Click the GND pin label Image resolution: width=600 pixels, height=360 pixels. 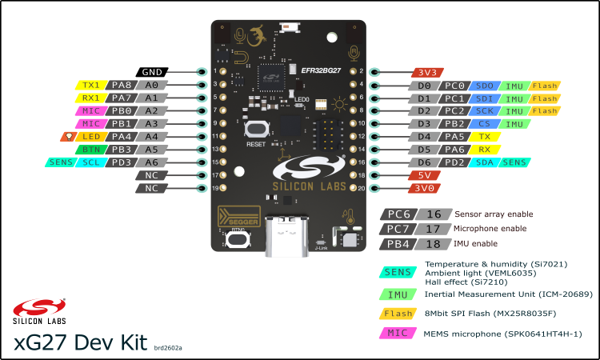(152, 71)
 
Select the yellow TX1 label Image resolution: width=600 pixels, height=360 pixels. (91, 85)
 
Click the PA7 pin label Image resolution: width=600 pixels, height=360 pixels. (122, 98)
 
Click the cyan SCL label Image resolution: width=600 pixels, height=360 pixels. (91, 162)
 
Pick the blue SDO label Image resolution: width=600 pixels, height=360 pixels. (484, 85)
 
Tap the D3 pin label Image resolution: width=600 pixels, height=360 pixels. (424, 123)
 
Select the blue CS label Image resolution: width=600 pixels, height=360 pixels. (484, 123)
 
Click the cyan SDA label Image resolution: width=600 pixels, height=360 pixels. (484, 162)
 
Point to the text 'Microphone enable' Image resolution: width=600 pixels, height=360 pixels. (491, 229)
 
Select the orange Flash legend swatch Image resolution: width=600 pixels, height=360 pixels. (398, 314)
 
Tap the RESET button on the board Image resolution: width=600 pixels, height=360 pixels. (256, 130)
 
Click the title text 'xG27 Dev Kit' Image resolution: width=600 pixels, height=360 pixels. (80, 342)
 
